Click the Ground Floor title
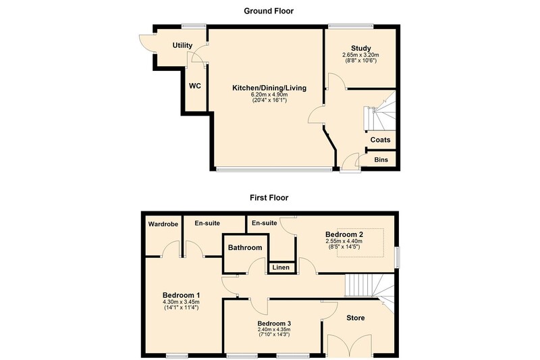(x=269, y=11)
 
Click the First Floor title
(x=269, y=198)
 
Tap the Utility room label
(x=182, y=45)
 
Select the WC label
(x=195, y=86)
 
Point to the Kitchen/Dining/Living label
(x=269, y=88)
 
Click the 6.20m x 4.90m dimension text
(x=269, y=95)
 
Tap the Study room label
(x=361, y=48)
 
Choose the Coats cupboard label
(x=380, y=140)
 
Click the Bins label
(x=381, y=160)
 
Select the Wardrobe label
(x=163, y=224)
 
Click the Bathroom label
(x=245, y=248)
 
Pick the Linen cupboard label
(x=281, y=267)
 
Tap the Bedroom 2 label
(x=344, y=234)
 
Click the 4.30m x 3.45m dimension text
(x=181, y=302)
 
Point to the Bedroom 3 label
(x=274, y=324)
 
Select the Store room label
(x=356, y=318)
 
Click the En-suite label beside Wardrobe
(x=207, y=224)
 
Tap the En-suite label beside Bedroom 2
(x=265, y=224)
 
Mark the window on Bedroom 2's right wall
(x=398, y=257)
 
